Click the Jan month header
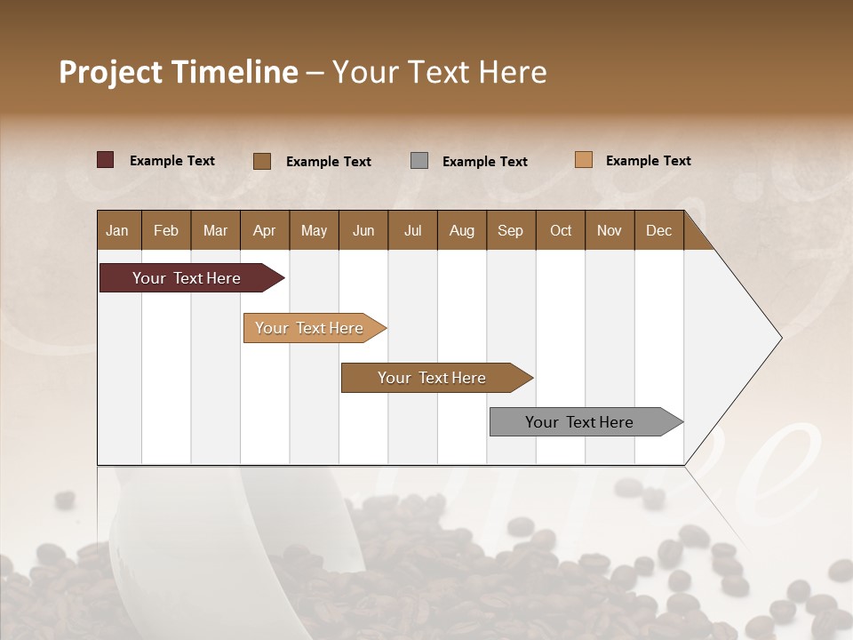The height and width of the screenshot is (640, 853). pos(117,230)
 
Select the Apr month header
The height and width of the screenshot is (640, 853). pos(264,230)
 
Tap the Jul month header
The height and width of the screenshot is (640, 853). pos(412,230)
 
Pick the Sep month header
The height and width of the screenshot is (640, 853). pos(510,230)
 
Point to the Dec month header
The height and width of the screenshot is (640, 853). pos(658,230)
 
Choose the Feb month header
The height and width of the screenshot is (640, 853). pos(166,230)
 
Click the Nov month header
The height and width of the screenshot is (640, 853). pos(609,230)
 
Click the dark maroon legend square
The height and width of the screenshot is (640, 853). pos(105,160)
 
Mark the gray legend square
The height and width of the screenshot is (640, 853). pos(419,161)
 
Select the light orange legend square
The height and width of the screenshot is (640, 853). pos(583,160)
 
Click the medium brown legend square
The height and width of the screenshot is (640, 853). pos(262,161)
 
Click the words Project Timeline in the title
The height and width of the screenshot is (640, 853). pos(178,72)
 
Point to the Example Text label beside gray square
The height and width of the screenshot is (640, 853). pos(484,162)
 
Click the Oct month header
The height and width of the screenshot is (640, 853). pos(561,230)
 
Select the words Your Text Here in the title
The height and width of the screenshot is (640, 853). pos(439,72)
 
